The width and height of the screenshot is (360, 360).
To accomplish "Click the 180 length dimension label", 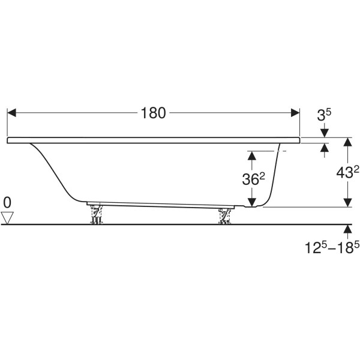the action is click(x=153, y=113).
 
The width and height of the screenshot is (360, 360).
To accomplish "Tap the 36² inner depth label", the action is click(x=254, y=179).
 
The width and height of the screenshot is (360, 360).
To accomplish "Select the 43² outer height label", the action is click(x=347, y=172).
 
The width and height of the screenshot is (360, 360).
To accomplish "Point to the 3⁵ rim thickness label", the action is click(x=324, y=115).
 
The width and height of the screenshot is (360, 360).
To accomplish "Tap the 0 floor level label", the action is click(x=7, y=203).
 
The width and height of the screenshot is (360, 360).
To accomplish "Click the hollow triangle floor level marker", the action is click(x=7, y=218).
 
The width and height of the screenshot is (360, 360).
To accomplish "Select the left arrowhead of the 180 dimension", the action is click(x=12, y=113).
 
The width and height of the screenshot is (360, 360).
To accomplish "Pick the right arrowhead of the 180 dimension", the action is click(x=295, y=113).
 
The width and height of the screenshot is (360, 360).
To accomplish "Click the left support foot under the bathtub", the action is click(x=96, y=214).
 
